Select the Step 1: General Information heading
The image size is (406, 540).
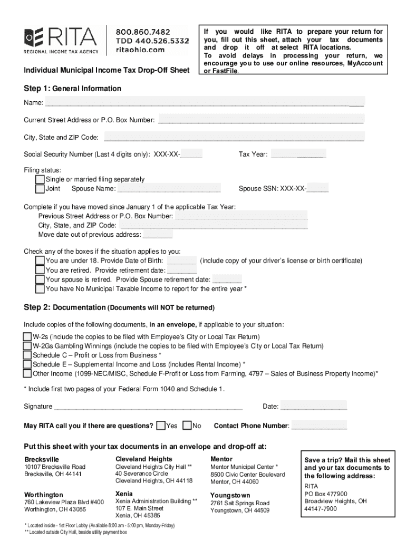click(72, 89)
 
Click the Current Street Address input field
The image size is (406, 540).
click(260, 120)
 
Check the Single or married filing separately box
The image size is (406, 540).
click(40, 179)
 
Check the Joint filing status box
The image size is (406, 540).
click(40, 189)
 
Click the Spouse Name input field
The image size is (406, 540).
click(169, 189)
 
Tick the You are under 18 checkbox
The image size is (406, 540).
click(40, 261)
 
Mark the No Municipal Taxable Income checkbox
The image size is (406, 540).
click(40, 289)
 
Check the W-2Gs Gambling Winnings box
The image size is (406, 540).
click(27, 346)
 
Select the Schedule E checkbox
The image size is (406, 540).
click(27, 364)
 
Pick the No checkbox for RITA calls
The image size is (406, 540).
click(187, 426)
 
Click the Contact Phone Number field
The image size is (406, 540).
click(319, 426)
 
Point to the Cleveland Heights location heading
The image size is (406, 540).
click(143, 459)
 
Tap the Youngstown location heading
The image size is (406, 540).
click(230, 495)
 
